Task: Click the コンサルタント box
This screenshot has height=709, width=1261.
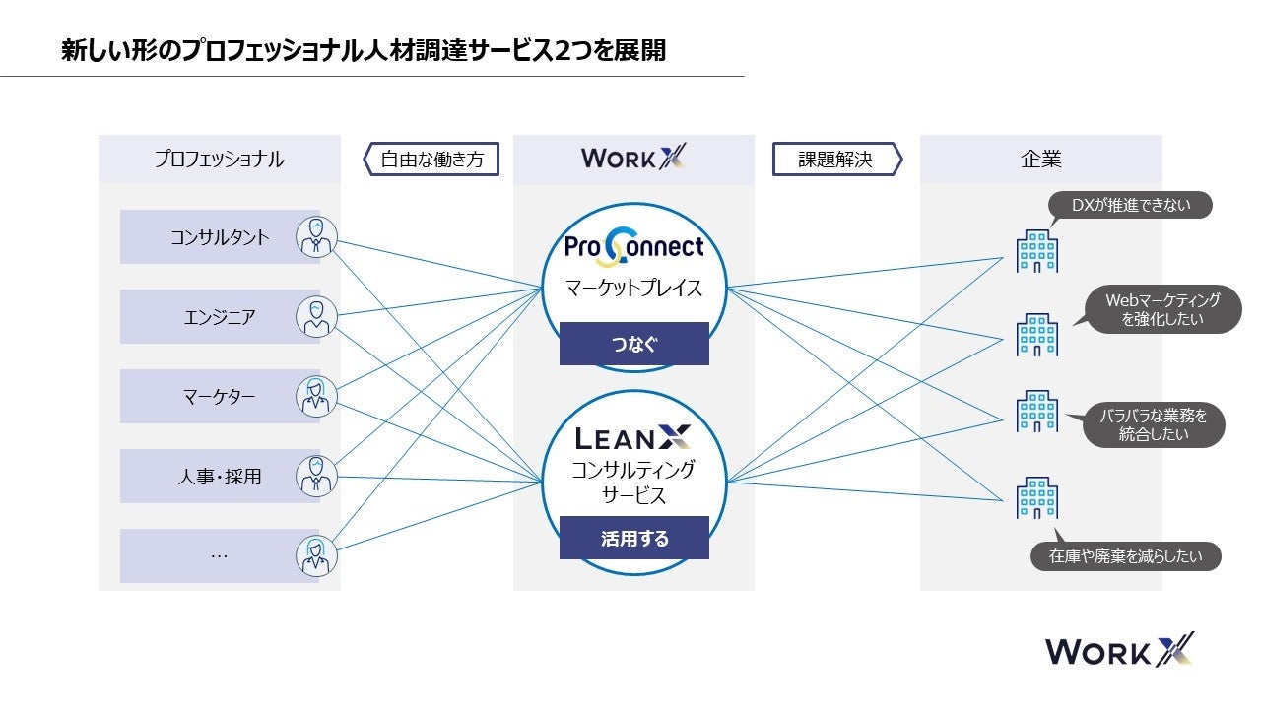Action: coord(219,237)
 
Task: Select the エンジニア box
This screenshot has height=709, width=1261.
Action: coord(219,317)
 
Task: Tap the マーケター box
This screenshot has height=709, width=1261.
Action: coord(219,397)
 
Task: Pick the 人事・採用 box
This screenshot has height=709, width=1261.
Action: coord(219,477)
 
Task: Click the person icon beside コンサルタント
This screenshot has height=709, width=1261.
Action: coord(316,237)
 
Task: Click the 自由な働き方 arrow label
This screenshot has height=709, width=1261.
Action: coord(431,159)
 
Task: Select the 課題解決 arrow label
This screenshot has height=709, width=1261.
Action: coord(836,159)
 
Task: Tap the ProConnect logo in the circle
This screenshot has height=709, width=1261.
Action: coord(633,246)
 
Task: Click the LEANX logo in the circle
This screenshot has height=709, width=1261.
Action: coord(633,437)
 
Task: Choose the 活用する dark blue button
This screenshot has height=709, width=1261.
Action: coord(633,538)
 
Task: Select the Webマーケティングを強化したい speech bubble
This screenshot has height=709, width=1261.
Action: coord(1161,310)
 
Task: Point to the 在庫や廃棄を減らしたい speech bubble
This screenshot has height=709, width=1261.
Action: coord(1125,556)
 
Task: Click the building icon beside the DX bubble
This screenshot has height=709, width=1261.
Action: coord(1036,250)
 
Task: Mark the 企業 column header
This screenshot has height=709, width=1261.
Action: coord(1040,159)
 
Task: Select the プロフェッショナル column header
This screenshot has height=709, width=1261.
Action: coord(219,159)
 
